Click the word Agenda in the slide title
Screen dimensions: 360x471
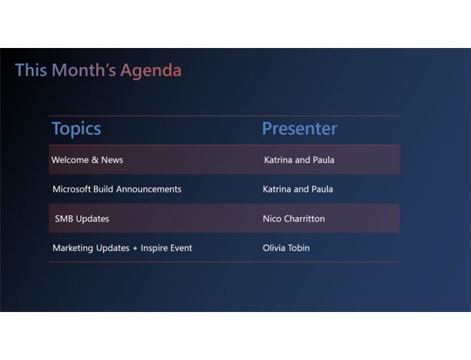pyautogui.click(x=151, y=71)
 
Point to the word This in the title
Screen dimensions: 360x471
pyautogui.click(x=31, y=71)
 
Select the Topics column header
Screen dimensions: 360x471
pyautogui.click(x=76, y=129)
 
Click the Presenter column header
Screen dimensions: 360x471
pyautogui.click(x=299, y=129)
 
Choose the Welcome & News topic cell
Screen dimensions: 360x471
pyautogui.click(x=87, y=160)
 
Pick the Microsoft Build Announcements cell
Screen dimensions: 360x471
pyautogui.click(x=117, y=189)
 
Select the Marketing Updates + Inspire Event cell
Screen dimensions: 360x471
pyautogui.click(x=122, y=248)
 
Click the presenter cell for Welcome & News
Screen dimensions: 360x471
pyautogui.click(x=299, y=160)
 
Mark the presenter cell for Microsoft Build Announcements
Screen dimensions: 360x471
pyautogui.click(x=297, y=189)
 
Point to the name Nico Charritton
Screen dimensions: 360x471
pyautogui.click(x=293, y=219)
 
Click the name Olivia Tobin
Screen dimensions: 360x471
pyautogui.click(x=286, y=248)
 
